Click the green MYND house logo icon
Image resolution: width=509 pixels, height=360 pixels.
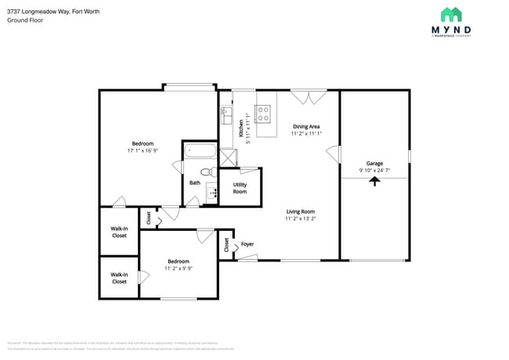coord(450,14)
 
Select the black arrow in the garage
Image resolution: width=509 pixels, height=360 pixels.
coord(374,181)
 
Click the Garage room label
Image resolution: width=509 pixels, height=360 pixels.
coord(374,163)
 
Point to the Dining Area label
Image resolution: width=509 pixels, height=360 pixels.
coord(306,126)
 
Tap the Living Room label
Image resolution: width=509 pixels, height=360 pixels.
coord(300,211)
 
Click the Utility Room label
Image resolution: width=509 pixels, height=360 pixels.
coord(240,188)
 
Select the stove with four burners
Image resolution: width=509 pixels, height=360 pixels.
coord(264,115)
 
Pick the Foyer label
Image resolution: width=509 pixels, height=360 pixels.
coord(247,244)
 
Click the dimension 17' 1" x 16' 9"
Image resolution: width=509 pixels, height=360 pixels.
coord(143,151)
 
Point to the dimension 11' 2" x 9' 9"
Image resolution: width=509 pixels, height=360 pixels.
coord(178,268)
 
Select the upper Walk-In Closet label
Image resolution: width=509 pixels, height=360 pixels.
coord(119,232)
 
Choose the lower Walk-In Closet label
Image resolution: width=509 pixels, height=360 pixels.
coord(119,278)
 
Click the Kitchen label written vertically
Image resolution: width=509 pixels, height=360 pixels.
coord(241,128)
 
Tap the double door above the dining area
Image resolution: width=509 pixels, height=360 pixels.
coord(309,96)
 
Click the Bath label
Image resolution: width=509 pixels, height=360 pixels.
coord(195,183)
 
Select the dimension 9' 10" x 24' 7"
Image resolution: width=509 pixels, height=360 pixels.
coord(374,170)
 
